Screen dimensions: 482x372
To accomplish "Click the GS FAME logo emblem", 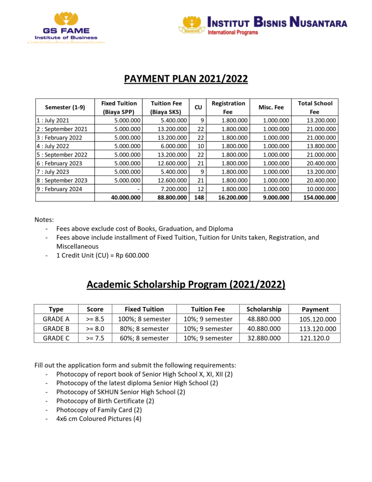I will (x=66, y=20).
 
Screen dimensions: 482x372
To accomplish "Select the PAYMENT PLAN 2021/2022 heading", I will (x=186, y=79).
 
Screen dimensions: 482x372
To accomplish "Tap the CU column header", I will (x=198, y=107).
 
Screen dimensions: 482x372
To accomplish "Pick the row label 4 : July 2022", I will (x=53, y=146).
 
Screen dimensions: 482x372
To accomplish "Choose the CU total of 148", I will (x=198, y=198).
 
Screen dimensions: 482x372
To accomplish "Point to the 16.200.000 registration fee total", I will (x=232, y=198).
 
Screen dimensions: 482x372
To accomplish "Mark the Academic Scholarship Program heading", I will (x=186, y=285).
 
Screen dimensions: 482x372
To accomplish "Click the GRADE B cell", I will (x=56, y=329).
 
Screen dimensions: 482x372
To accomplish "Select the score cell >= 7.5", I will (x=95, y=338).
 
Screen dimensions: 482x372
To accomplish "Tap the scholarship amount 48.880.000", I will (x=263, y=320).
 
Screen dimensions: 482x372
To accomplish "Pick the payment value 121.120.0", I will (x=315, y=338).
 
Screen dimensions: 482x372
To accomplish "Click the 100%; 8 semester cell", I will (x=144, y=320).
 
